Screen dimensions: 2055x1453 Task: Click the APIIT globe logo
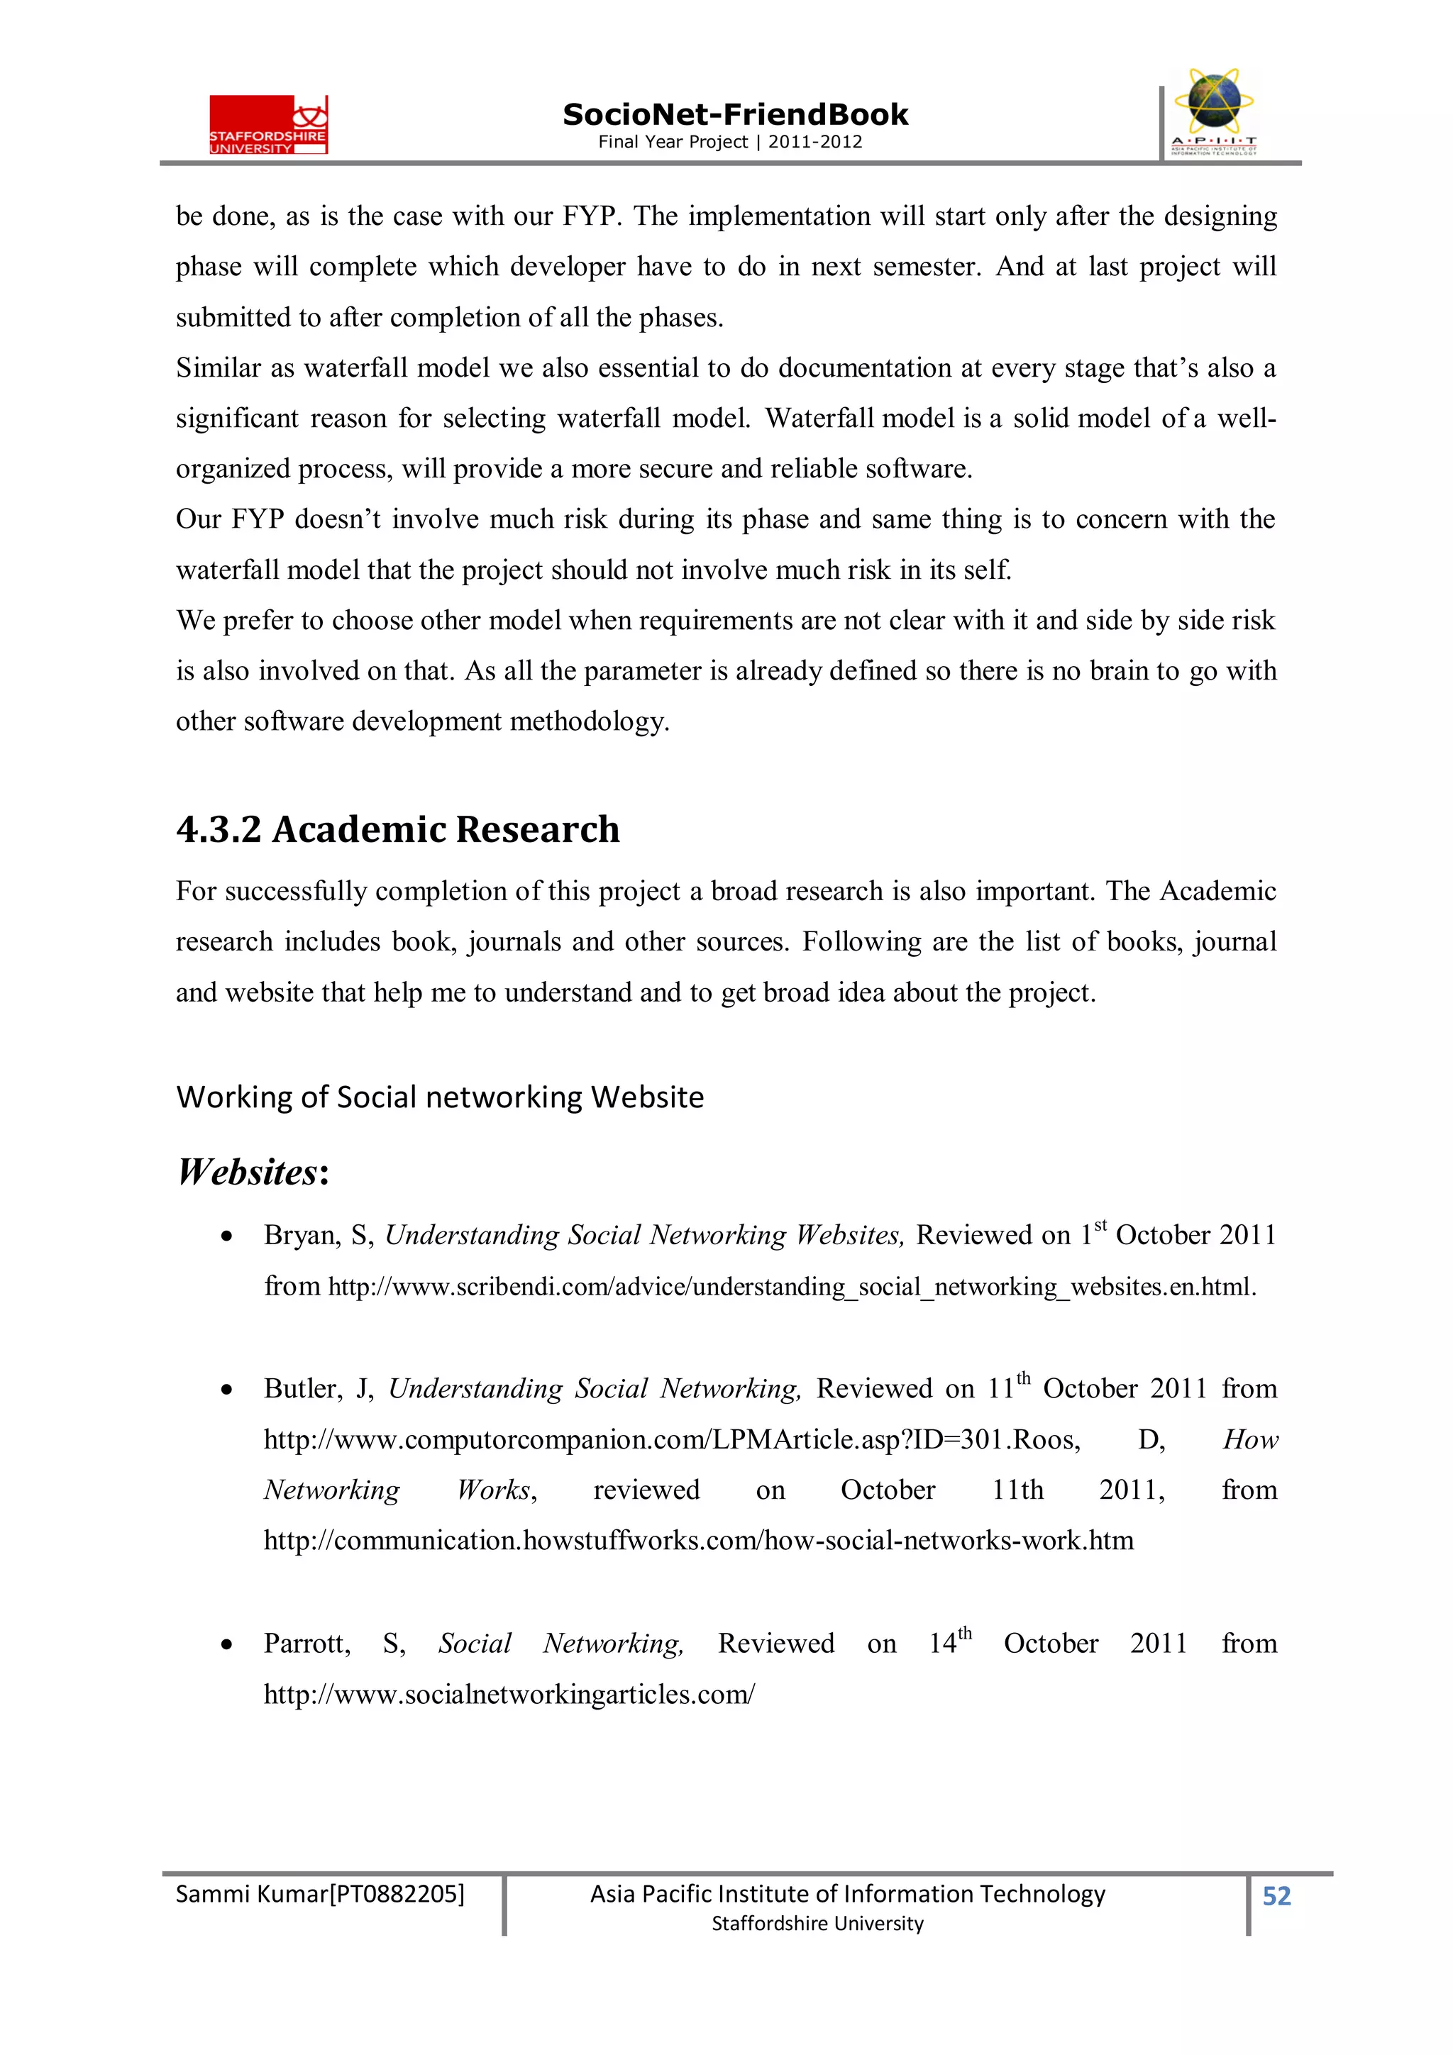pos(1213,111)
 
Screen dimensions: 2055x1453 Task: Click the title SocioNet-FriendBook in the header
pos(734,115)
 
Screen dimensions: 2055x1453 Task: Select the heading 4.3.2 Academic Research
pos(397,830)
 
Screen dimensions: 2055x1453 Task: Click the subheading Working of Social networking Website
pos(440,1097)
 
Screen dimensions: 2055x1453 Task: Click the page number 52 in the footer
pos(1276,1897)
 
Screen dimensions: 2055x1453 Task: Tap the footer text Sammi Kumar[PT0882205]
pos(319,1894)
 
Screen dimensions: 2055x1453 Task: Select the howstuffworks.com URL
pos(698,1540)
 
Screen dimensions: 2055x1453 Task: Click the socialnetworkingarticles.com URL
pos(509,1695)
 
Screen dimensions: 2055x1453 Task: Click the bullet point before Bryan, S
pos(228,1237)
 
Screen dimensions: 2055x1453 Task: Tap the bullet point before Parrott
pos(228,1645)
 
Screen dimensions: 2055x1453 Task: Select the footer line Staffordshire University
pos(817,1924)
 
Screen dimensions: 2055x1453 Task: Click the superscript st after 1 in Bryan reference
pos(1100,1225)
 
